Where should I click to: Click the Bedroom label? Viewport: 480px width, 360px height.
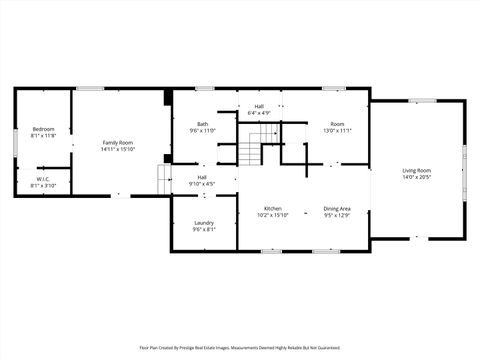(x=43, y=129)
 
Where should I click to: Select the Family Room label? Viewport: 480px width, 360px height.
(x=117, y=143)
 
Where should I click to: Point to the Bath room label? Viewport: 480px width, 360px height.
(x=202, y=124)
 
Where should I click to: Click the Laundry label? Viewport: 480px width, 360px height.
(x=203, y=222)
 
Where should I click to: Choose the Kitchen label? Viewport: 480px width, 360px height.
(x=272, y=208)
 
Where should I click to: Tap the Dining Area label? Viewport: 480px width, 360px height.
(x=337, y=208)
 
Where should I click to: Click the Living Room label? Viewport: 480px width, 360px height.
(x=416, y=171)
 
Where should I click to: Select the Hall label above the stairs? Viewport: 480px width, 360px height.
(x=259, y=106)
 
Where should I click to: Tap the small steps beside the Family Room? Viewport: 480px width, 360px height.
(x=165, y=181)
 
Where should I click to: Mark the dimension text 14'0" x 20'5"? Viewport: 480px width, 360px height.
(x=416, y=178)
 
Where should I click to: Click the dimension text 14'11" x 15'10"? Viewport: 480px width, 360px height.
(x=117, y=150)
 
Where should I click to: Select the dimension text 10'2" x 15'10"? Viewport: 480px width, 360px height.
(x=272, y=215)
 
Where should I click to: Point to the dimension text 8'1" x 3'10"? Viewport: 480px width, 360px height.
(x=43, y=186)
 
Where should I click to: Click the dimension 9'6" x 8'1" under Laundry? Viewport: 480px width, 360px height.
(x=203, y=229)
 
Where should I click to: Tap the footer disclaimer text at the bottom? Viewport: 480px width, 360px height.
(x=239, y=347)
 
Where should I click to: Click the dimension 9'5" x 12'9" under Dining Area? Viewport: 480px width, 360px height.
(x=337, y=215)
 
